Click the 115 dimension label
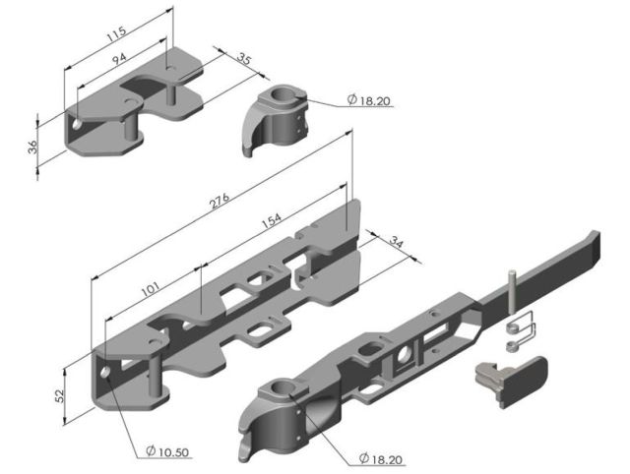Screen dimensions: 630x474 tap(116, 34)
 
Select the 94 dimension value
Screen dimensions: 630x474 tap(119, 59)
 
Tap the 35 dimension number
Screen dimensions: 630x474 tap(243, 59)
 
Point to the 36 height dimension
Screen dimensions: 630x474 tap(32, 147)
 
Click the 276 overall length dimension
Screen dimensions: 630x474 tap(220, 201)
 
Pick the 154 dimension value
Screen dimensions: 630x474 tap(272, 219)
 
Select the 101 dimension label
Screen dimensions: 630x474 tap(151, 289)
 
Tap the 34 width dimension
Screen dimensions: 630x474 tap(397, 243)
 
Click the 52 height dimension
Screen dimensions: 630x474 tap(59, 396)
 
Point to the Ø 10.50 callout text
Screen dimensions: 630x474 tap(167, 451)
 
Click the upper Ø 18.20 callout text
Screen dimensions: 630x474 tap(368, 100)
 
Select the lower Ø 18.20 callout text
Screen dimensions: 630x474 tap(381, 458)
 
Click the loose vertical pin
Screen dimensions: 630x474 tap(511, 292)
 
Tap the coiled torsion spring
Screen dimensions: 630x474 tap(522, 331)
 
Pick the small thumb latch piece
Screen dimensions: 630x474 tap(511, 380)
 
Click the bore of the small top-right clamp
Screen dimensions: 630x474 tap(281, 94)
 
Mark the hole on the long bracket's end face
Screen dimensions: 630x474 tap(105, 372)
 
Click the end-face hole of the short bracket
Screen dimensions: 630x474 tap(77, 124)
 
